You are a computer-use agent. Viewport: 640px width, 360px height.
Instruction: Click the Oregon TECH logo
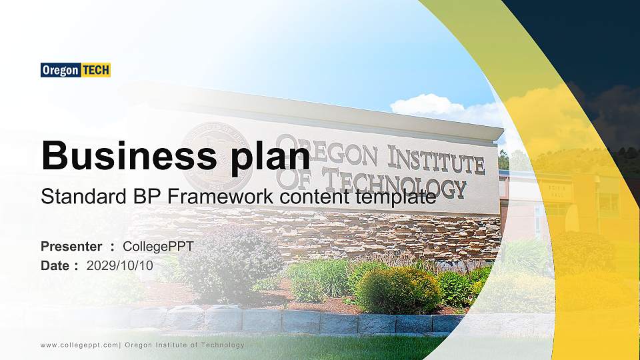(x=75, y=70)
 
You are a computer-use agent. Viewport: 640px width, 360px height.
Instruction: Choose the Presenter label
(x=71, y=247)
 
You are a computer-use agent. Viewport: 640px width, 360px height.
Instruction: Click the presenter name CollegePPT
(x=158, y=247)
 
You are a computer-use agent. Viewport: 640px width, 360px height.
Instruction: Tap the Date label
(x=55, y=265)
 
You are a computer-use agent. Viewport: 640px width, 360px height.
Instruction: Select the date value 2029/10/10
(x=120, y=265)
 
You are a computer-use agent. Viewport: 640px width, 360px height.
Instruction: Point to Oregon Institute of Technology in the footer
(x=185, y=345)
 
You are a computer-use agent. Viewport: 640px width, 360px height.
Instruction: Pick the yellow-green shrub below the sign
(x=397, y=290)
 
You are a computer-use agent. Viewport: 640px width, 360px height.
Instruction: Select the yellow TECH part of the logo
(x=95, y=70)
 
